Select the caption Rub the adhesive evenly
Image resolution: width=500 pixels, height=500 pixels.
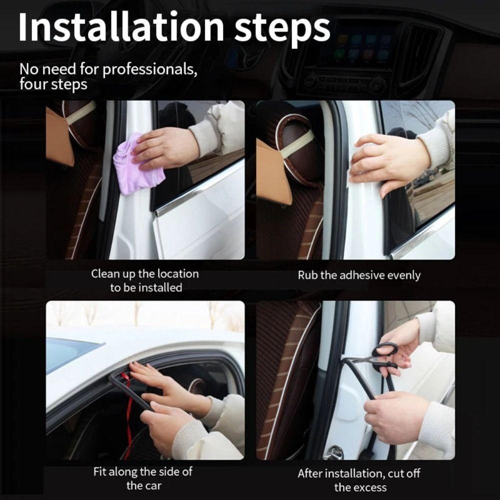pyautogui.click(x=359, y=275)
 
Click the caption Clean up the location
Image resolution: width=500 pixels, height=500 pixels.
pyautogui.click(x=144, y=273)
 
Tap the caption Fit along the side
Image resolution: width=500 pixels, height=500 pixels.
pyautogui.click(x=142, y=471)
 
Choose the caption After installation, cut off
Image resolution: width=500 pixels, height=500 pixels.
pyautogui.click(x=359, y=473)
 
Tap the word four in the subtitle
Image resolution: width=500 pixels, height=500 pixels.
pyautogui.click(x=33, y=84)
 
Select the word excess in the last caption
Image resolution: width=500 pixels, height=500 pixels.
pyautogui.click(x=370, y=487)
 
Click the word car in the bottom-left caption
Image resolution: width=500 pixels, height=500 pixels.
pyautogui.click(x=151, y=485)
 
